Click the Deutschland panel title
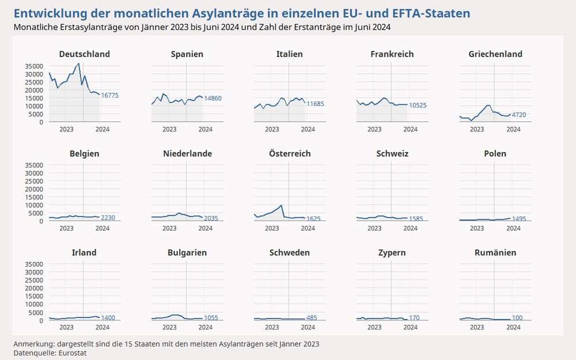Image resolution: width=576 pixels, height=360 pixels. [x=85, y=54]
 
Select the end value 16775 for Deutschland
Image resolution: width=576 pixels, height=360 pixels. [x=109, y=96]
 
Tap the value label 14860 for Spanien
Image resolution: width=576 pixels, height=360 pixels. [x=213, y=98]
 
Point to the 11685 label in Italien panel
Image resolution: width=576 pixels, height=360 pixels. [x=315, y=104]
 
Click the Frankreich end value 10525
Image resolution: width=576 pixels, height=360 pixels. [x=418, y=105]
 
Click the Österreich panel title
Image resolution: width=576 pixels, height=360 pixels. [x=290, y=154]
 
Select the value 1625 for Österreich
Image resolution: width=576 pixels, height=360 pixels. [x=313, y=219]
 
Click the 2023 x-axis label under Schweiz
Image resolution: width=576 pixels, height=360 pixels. [x=374, y=229]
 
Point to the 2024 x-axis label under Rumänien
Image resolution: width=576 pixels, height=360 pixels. [x=513, y=328]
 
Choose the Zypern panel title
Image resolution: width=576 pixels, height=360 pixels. [x=392, y=253]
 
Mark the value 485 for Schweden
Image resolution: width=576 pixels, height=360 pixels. [x=312, y=318]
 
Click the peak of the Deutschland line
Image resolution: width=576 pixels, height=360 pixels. [x=78, y=64]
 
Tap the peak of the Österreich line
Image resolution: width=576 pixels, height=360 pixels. [x=281, y=205]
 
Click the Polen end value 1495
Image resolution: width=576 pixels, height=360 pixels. [x=519, y=219]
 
